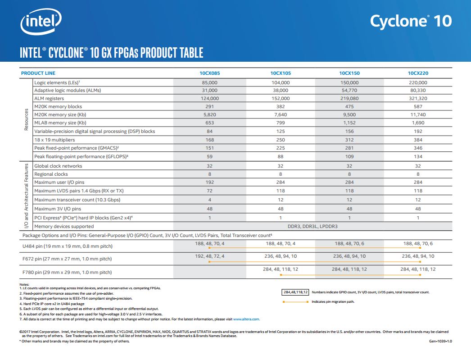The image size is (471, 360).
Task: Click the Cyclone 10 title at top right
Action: (410, 21)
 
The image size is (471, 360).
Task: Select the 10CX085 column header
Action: (210, 73)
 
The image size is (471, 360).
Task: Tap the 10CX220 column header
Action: (418, 73)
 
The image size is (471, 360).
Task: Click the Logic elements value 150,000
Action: (349, 82)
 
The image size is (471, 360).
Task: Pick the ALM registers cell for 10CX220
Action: (418, 98)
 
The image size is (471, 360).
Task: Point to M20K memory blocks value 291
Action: (210, 107)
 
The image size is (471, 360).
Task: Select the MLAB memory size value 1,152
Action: (349, 123)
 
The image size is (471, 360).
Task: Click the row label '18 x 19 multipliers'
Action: (55, 140)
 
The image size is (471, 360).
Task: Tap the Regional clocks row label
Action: (51, 174)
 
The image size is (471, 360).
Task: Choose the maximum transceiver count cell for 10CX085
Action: (210, 200)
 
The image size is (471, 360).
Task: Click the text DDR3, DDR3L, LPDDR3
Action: (314, 226)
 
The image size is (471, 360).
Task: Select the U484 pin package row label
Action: (67, 246)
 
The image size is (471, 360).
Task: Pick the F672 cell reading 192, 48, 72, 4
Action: (210, 256)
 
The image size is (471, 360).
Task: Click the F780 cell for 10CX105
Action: (280, 269)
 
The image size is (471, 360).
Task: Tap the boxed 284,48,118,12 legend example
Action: (294, 292)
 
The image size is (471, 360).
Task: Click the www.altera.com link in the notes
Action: (246, 319)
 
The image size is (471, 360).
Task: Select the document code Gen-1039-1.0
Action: (440, 342)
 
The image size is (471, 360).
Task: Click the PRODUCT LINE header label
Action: (38, 73)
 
